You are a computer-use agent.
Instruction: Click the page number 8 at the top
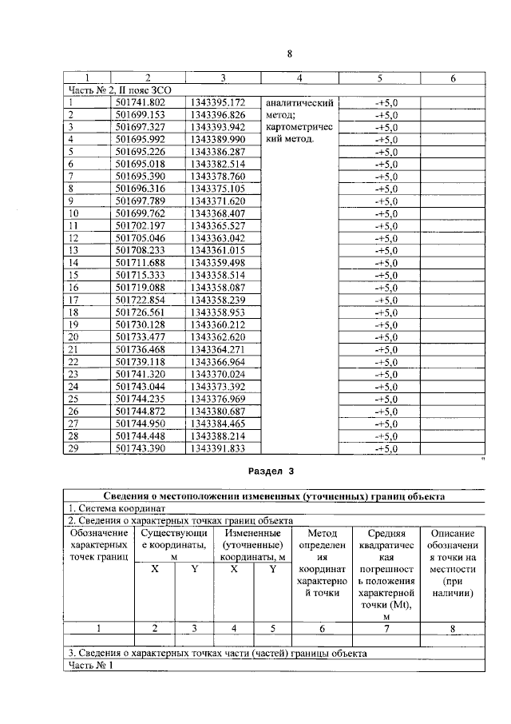click(290, 54)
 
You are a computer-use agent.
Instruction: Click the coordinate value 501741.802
click(140, 102)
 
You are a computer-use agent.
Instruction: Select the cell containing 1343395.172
click(217, 102)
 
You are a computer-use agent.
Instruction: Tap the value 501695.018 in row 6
click(140, 164)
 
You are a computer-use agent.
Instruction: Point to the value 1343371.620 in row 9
click(217, 201)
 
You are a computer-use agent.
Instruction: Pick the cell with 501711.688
click(140, 263)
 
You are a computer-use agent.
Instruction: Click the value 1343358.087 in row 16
click(217, 288)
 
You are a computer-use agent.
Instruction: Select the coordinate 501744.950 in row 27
click(140, 424)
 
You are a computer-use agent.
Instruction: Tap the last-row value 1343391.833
click(217, 449)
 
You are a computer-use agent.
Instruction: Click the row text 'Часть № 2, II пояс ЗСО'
click(120, 90)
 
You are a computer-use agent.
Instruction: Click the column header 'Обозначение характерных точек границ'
click(98, 543)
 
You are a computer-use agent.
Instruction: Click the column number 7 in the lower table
click(386, 629)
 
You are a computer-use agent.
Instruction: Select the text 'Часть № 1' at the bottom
click(91, 665)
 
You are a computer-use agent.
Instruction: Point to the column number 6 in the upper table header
click(453, 78)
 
